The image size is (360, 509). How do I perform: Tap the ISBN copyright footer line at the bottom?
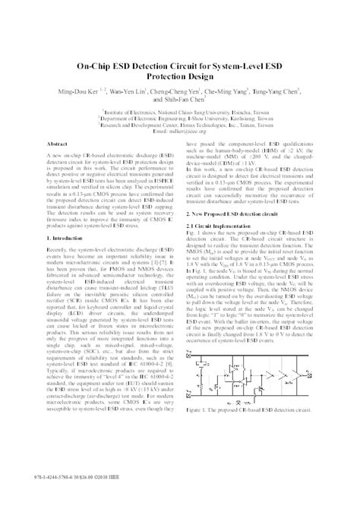(x=77, y=498)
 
